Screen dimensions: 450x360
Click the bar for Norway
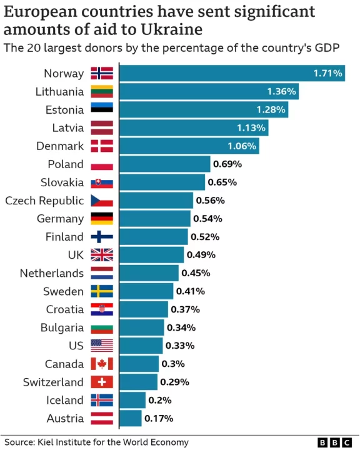coord(231,74)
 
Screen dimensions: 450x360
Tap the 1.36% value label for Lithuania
coord(281,92)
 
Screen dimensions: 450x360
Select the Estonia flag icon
coord(102,110)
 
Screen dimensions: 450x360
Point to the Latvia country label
coord(67,128)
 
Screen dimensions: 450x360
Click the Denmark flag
coord(102,146)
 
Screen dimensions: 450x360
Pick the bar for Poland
coord(164,164)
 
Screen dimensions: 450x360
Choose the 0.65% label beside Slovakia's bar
coord(222,182)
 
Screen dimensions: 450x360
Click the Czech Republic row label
coord(44,201)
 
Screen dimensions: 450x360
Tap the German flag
coord(102,219)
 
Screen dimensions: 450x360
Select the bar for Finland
coord(153,237)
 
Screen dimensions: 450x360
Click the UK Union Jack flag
coord(102,255)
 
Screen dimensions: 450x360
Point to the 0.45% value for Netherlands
coord(196,273)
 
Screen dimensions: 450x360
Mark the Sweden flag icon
coord(102,291)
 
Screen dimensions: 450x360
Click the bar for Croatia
coord(143,309)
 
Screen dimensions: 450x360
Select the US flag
coord(102,346)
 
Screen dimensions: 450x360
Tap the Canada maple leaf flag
coord(102,364)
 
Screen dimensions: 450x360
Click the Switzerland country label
coord(52,382)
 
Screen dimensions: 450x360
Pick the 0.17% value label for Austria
coord(159,418)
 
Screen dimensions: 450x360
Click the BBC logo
coord(334,442)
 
